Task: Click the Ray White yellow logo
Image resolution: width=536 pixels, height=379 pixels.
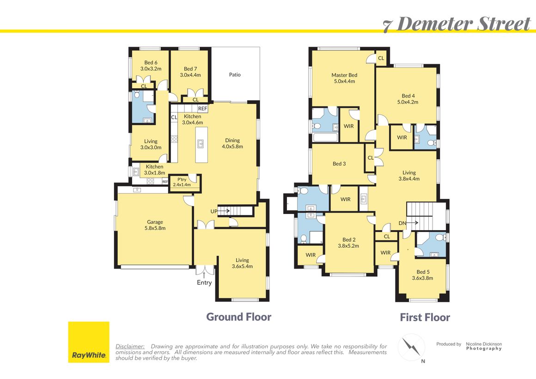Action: [x=89, y=342]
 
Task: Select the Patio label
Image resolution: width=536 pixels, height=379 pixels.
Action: [x=235, y=74]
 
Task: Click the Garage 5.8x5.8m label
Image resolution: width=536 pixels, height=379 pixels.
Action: [x=155, y=225]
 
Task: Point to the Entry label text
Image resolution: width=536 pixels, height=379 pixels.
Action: [x=204, y=282]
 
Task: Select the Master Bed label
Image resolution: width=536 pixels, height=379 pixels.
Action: [x=344, y=78]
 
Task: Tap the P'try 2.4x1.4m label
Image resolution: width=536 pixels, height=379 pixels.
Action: [x=182, y=182]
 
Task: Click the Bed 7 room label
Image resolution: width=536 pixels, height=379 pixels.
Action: [x=190, y=72]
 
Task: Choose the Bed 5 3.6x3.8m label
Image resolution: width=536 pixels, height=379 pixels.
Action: [x=422, y=275]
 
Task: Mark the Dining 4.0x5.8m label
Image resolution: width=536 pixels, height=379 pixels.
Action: [x=232, y=143]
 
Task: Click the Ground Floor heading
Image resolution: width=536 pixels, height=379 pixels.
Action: [x=238, y=317]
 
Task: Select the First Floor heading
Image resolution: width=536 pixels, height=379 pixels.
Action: [x=425, y=318]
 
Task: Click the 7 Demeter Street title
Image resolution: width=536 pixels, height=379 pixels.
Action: [x=457, y=24]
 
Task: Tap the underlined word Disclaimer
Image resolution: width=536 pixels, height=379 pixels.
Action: [x=130, y=346]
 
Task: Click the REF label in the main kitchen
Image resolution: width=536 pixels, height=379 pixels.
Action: [x=202, y=109]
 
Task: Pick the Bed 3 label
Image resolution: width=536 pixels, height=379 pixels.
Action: [x=339, y=164]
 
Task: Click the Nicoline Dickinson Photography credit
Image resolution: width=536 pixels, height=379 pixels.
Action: [x=483, y=346]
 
